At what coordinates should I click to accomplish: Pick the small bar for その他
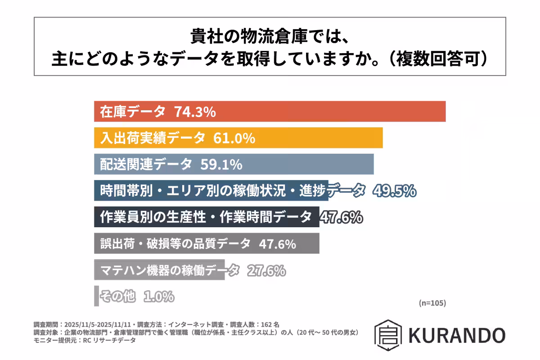(x=96, y=296)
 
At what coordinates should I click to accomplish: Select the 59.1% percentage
(x=221, y=164)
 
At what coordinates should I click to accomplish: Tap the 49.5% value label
(x=394, y=191)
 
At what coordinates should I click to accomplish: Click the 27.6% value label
(x=265, y=270)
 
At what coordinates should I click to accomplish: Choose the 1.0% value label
(x=158, y=297)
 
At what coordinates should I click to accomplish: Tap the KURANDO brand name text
(x=456, y=335)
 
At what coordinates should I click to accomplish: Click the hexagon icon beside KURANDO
(x=387, y=335)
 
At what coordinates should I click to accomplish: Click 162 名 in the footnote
(x=270, y=324)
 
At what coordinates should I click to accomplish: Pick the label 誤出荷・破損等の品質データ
(x=175, y=244)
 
